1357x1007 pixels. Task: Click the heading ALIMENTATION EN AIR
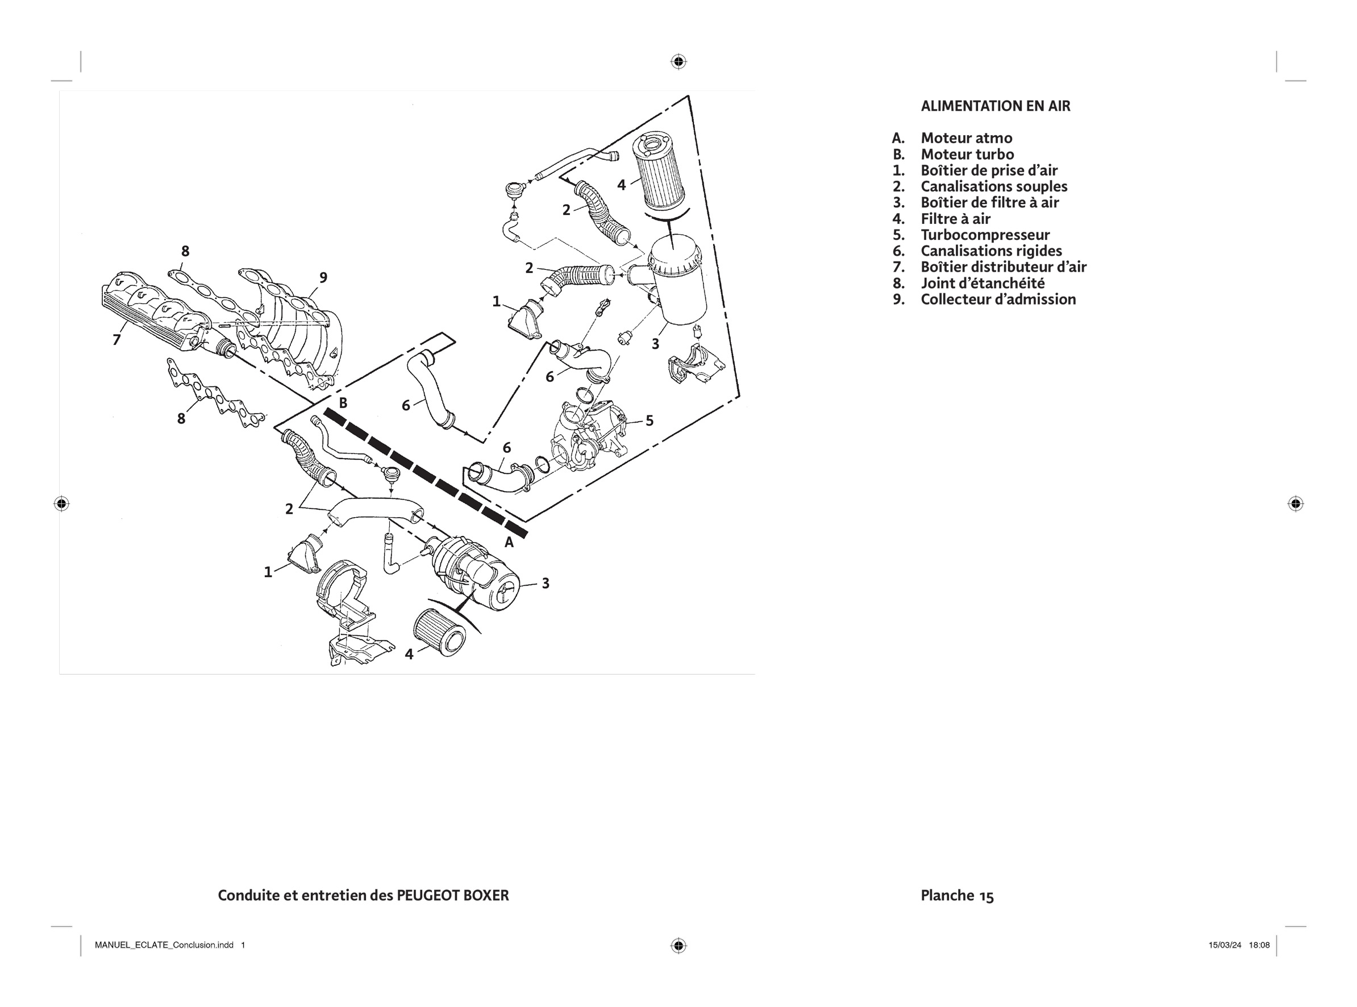(x=995, y=106)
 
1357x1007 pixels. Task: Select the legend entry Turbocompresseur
(x=985, y=235)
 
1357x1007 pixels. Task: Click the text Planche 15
(x=957, y=896)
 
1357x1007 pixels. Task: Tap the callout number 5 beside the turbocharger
(x=650, y=421)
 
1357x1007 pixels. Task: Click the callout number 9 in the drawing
(x=323, y=278)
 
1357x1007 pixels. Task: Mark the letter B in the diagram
(x=343, y=403)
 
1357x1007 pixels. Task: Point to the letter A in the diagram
(x=509, y=543)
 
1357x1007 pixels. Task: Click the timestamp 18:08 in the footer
(x=1259, y=946)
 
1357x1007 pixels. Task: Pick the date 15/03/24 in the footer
(x=1225, y=946)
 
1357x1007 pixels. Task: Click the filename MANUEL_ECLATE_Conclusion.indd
(x=164, y=946)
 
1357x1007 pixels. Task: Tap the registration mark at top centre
(x=678, y=61)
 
